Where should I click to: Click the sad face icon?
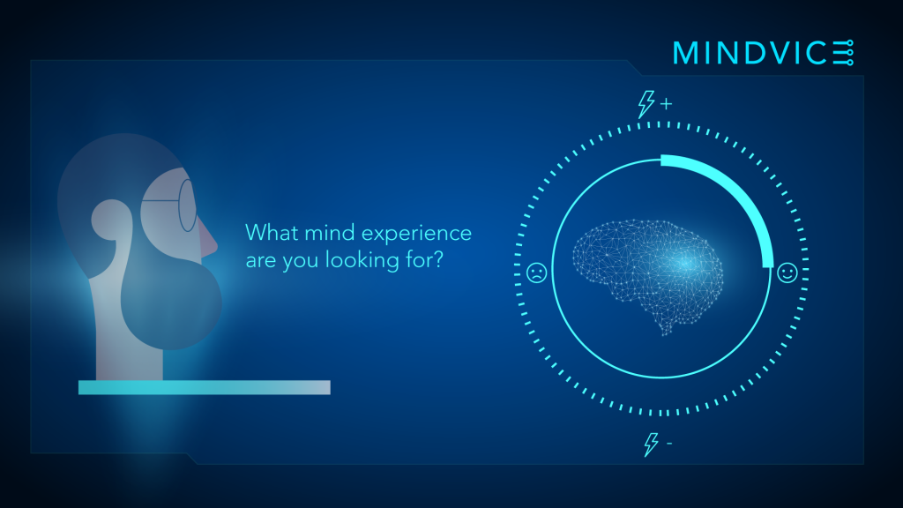point(536,273)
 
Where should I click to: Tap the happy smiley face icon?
point(787,273)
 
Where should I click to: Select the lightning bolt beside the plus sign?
point(646,104)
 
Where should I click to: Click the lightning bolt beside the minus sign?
point(652,444)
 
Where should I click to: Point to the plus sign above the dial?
point(667,104)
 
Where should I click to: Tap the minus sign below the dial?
point(669,443)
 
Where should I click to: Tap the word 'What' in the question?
point(272,233)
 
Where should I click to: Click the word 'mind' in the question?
point(330,233)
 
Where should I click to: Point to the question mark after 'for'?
point(438,260)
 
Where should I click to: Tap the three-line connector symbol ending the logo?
point(843,53)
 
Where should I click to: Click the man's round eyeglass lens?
point(188,205)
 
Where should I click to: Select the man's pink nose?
point(207,239)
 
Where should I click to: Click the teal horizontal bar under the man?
point(205,387)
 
